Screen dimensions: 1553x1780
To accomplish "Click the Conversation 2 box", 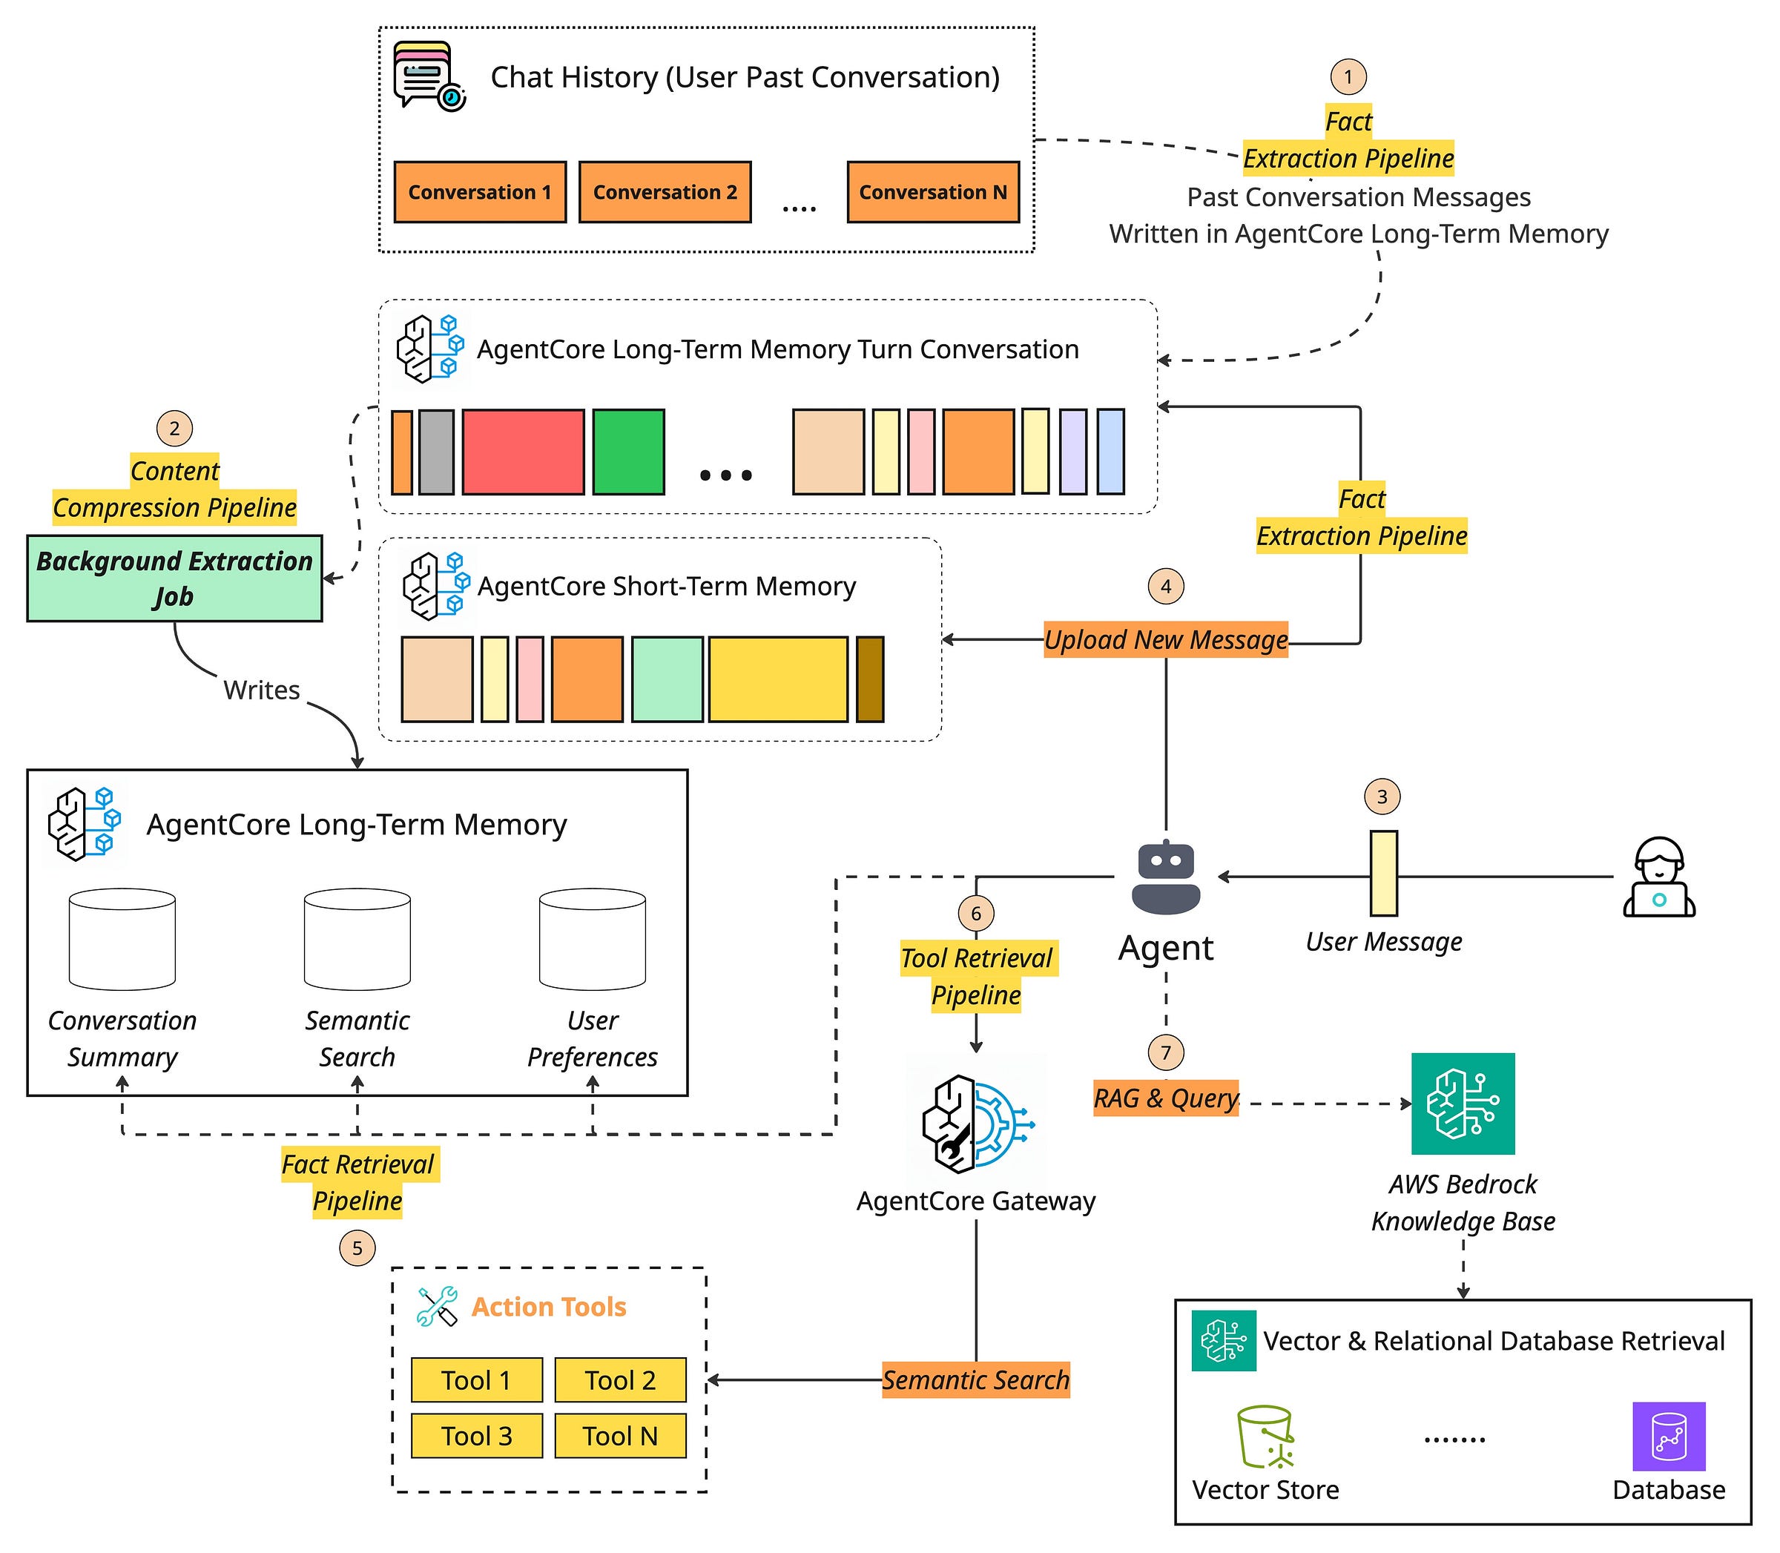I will pyautogui.click(x=665, y=191).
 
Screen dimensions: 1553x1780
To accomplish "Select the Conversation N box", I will pyautogui.click(x=932, y=191).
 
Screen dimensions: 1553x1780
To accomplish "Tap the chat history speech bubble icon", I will pyautogui.click(x=429, y=76).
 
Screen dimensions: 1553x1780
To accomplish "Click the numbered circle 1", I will pyautogui.click(x=1348, y=76).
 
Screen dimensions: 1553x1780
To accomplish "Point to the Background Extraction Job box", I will pyautogui.click(x=174, y=578).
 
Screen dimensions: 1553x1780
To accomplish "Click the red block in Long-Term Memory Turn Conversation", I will pyautogui.click(x=523, y=452).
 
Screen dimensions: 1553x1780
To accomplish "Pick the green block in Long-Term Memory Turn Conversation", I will pyautogui.click(x=628, y=452).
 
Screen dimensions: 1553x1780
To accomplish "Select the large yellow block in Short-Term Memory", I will pyautogui.click(x=777, y=679).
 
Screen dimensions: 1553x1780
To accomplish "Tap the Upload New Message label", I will pyautogui.click(x=1166, y=639).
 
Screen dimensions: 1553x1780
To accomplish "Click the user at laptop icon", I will pyautogui.click(x=1658, y=877).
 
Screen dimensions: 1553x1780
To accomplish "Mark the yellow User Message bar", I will pyautogui.click(x=1383, y=874).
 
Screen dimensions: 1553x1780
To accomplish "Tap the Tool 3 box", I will pyautogui.click(x=477, y=1436).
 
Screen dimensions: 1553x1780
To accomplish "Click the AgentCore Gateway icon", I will pyautogui.click(x=977, y=1124).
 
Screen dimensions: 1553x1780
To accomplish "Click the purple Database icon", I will pyautogui.click(x=1668, y=1437).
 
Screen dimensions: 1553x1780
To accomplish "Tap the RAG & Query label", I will pyautogui.click(x=1166, y=1098).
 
